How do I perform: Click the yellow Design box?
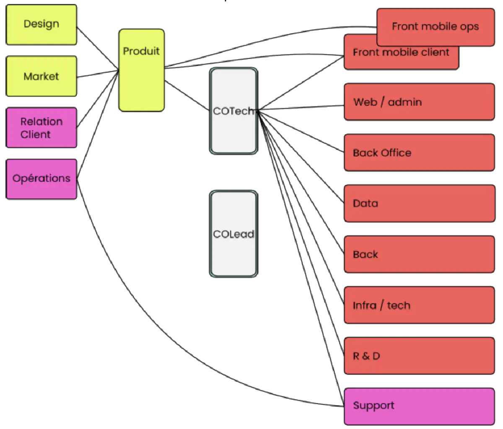coord(41,24)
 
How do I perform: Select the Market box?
coord(41,76)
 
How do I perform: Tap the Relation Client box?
coord(41,128)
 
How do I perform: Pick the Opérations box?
coord(41,178)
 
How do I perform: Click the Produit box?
coord(141,70)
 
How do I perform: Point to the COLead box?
coord(233,234)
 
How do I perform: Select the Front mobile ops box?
coord(435,26)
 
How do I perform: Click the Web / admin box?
coord(419,102)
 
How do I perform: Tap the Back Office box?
coord(419,153)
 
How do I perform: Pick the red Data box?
coord(419,204)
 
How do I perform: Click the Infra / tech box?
coord(419,305)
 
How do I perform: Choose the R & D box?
coord(419,356)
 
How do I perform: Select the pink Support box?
coord(419,406)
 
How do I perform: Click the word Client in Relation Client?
coord(36,134)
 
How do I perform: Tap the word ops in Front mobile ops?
coord(469,27)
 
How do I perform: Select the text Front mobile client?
coord(401,52)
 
